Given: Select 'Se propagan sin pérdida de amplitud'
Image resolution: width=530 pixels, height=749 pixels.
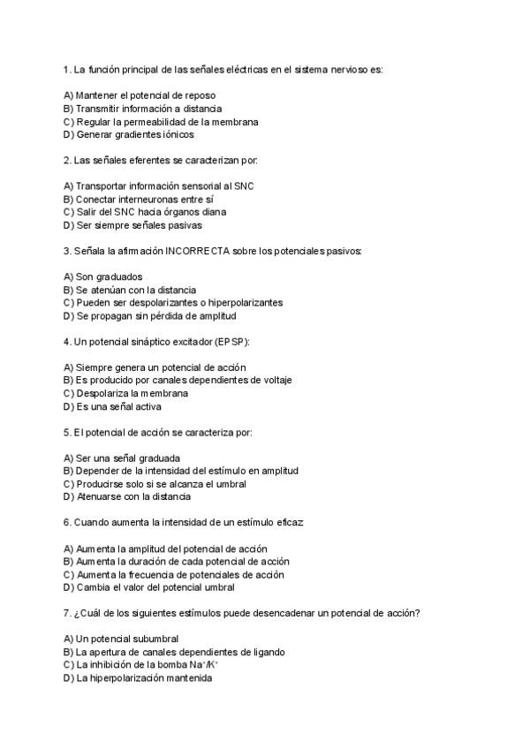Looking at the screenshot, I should click(x=150, y=315).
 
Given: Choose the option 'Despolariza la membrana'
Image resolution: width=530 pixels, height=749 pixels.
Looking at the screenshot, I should click(x=126, y=393).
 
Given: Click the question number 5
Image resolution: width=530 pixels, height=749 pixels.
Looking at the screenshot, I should click(x=67, y=433).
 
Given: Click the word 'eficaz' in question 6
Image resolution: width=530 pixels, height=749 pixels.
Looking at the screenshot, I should click(x=290, y=523).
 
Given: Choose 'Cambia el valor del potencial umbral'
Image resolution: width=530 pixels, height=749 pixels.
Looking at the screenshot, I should click(x=149, y=587).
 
